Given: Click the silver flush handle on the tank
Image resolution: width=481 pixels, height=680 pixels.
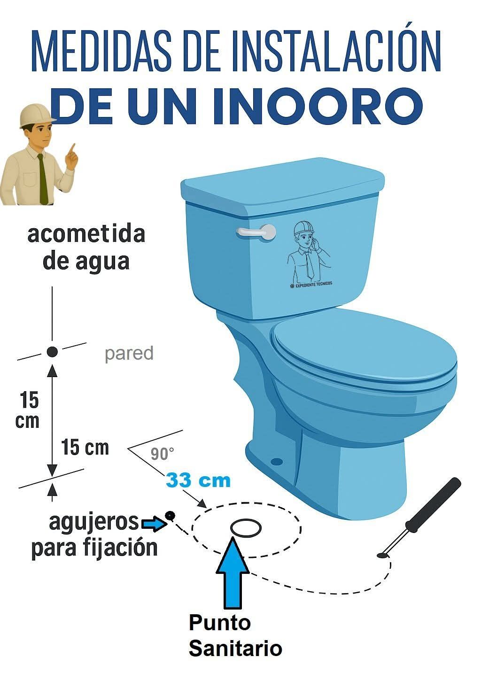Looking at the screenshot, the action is (256, 232).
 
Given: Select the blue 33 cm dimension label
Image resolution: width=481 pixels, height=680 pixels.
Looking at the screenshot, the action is (198, 480).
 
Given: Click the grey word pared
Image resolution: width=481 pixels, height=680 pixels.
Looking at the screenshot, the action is (129, 353).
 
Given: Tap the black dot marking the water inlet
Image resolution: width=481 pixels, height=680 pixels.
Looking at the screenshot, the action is (52, 352).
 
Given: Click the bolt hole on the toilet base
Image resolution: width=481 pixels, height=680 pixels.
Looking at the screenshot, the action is (277, 462).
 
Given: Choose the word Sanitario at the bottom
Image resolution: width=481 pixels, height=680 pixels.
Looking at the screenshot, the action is (236, 648).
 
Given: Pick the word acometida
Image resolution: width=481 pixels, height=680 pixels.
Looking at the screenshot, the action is (86, 234).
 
